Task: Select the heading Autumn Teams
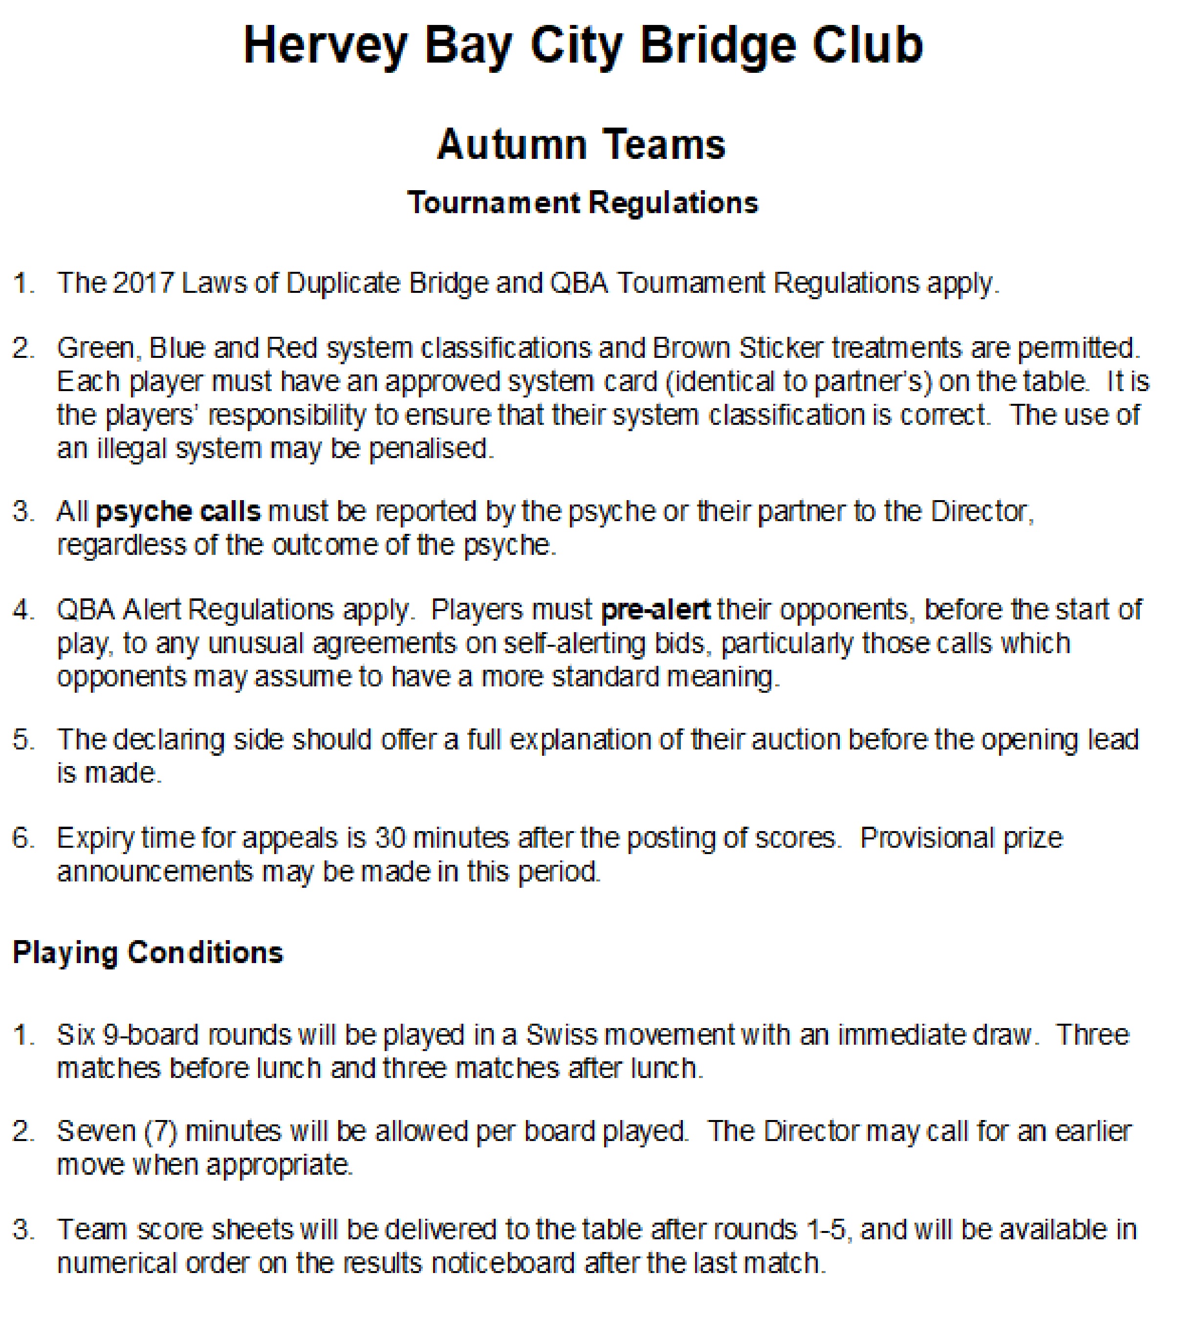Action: tap(581, 144)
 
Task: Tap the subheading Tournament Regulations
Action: tap(582, 203)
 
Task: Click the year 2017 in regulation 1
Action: tap(142, 283)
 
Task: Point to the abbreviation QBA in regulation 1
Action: tap(579, 283)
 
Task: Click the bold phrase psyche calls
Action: tap(178, 511)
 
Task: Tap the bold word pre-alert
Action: tap(655, 610)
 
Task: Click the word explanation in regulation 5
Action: tap(579, 740)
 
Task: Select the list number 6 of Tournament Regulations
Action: tap(22, 838)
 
